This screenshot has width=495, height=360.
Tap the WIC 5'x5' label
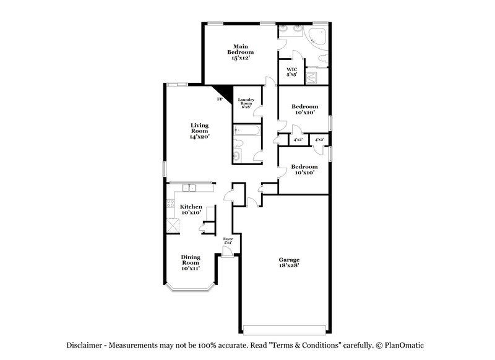(x=291, y=72)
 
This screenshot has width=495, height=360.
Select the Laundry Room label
(x=246, y=103)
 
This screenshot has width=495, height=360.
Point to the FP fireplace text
(x=218, y=99)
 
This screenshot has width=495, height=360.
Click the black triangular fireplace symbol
(x=225, y=92)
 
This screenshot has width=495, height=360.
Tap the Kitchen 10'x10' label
(x=191, y=209)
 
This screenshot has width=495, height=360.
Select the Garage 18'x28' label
(x=288, y=263)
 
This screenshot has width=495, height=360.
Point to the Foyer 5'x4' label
(x=227, y=239)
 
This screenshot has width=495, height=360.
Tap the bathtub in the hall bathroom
(x=246, y=131)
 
